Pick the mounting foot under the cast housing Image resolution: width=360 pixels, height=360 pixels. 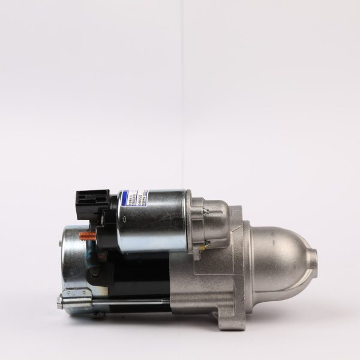(228, 318)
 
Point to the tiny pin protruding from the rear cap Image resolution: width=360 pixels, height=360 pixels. (59, 242)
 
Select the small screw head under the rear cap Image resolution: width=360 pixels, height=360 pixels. (96, 314)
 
